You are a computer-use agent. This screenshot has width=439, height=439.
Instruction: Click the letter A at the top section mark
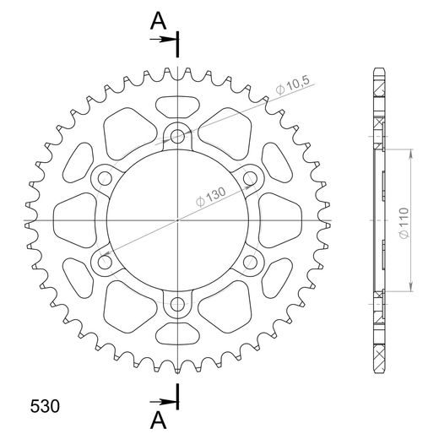158,21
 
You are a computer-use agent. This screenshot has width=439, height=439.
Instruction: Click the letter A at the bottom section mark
158,419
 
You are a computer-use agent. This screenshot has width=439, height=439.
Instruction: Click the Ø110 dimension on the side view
404,221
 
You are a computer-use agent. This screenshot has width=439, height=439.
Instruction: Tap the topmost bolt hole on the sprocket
177,134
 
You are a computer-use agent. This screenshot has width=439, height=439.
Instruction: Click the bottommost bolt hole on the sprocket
177,306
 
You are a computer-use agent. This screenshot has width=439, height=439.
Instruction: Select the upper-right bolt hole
251,177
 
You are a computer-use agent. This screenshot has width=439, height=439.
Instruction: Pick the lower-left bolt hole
104,263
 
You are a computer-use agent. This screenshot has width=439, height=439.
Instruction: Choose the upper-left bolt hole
104,177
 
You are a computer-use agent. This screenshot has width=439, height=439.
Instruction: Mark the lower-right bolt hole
251,263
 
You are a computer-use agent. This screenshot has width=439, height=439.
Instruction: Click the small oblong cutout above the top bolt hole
177,106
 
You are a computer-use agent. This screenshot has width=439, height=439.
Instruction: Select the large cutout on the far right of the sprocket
279,219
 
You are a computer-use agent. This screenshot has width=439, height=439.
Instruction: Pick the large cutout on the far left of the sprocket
76,219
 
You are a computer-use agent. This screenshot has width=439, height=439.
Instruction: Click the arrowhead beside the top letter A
169,38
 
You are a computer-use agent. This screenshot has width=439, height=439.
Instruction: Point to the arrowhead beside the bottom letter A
169,401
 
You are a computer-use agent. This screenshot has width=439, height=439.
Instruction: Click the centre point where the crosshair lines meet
177,220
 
